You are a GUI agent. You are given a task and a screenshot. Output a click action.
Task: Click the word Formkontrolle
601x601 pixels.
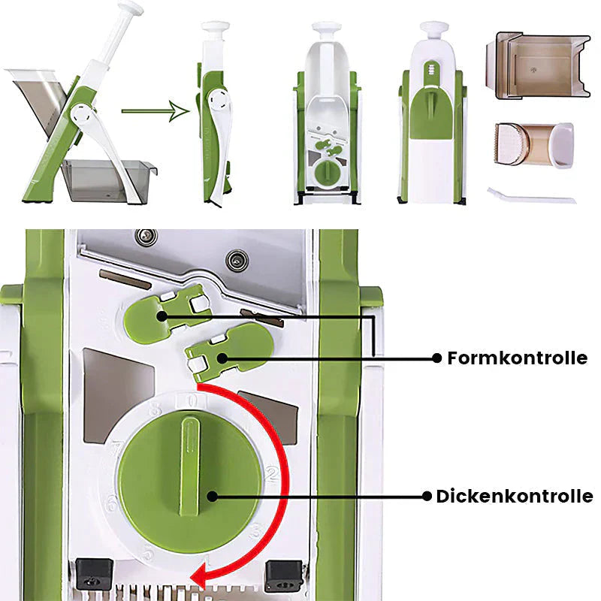click(x=517, y=358)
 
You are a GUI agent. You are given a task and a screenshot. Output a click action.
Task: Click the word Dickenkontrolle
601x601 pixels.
click(x=514, y=497)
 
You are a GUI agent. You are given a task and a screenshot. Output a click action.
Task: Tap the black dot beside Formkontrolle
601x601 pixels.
click(x=436, y=358)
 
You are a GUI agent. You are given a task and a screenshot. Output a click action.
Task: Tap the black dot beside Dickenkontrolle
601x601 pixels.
click(x=427, y=497)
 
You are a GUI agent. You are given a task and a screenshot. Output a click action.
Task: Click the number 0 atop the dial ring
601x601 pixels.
click(x=192, y=399)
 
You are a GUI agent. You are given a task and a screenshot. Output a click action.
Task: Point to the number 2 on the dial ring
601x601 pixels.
click(x=273, y=472)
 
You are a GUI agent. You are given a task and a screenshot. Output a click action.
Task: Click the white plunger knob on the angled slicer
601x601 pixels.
click(x=130, y=9)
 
